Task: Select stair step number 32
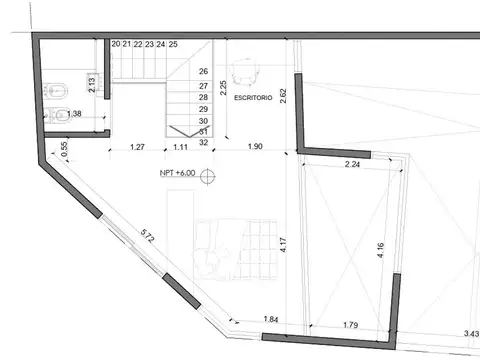[x=204, y=142]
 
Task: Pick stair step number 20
[x=116, y=45]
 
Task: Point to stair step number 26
[x=204, y=72]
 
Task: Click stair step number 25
[x=174, y=45]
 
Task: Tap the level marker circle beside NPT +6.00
[x=207, y=177]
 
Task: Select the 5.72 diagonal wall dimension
[x=147, y=237]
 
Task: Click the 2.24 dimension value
[x=352, y=164]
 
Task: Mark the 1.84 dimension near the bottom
[x=271, y=319]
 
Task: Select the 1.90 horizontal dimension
[x=255, y=148]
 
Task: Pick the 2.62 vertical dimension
[x=284, y=98]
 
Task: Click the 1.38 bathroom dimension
[x=75, y=114]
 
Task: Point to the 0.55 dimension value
[x=65, y=148]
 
